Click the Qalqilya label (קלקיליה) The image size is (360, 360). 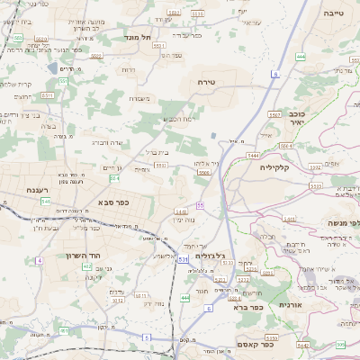[x=278, y=167]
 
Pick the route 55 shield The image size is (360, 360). [x=201, y=206]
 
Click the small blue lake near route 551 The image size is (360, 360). [x=213, y=135]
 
